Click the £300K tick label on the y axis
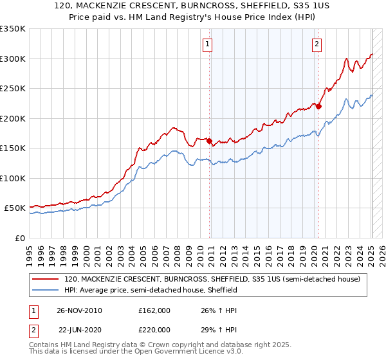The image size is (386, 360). point(13,59)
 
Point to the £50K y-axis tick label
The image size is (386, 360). point(15,208)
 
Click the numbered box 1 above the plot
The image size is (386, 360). point(208,44)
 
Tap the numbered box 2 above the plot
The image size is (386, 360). point(317,44)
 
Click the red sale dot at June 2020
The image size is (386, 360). point(318,106)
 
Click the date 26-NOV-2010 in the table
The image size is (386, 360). point(79,310)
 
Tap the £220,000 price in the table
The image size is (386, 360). point(154,330)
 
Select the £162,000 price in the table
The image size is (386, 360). point(154,310)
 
